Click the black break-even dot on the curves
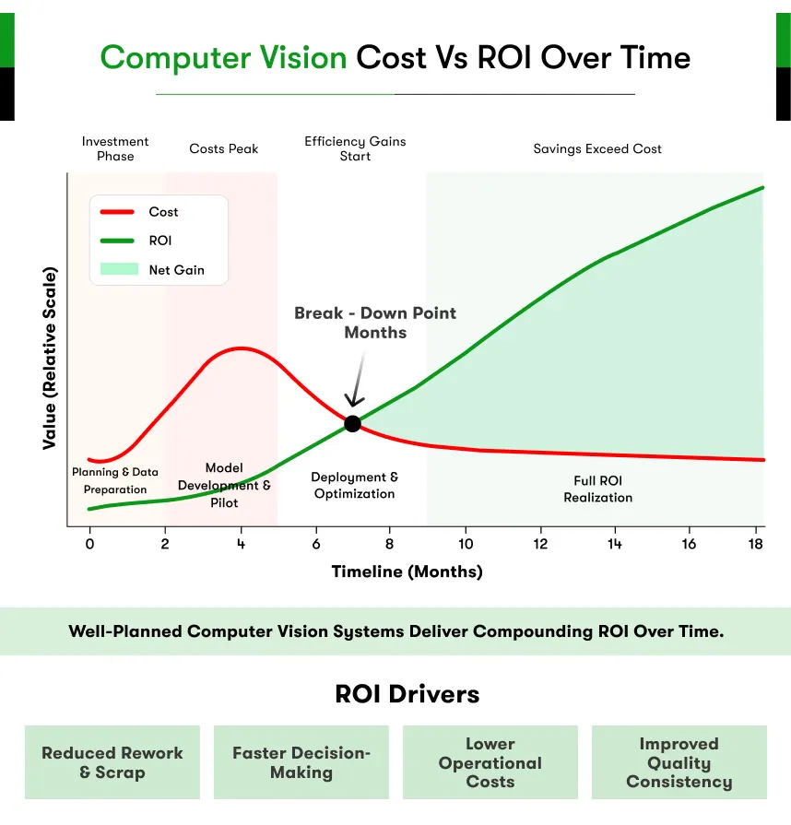point(352,423)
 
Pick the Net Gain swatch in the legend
point(117,270)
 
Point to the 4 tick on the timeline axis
point(241,544)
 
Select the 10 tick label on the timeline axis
point(465,544)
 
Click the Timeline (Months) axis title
point(407,572)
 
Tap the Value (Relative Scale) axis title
point(50,359)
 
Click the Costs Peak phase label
point(224,148)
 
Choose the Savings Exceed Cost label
point(597,148)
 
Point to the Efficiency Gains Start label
point(355,148)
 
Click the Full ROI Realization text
point(598,489)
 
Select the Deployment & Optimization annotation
point(355,485)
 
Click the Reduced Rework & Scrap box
point(112,762)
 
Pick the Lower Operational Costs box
point(490,762)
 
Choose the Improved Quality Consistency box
point(679,762)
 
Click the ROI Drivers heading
point(407,693)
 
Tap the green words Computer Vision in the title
point(224,58)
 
